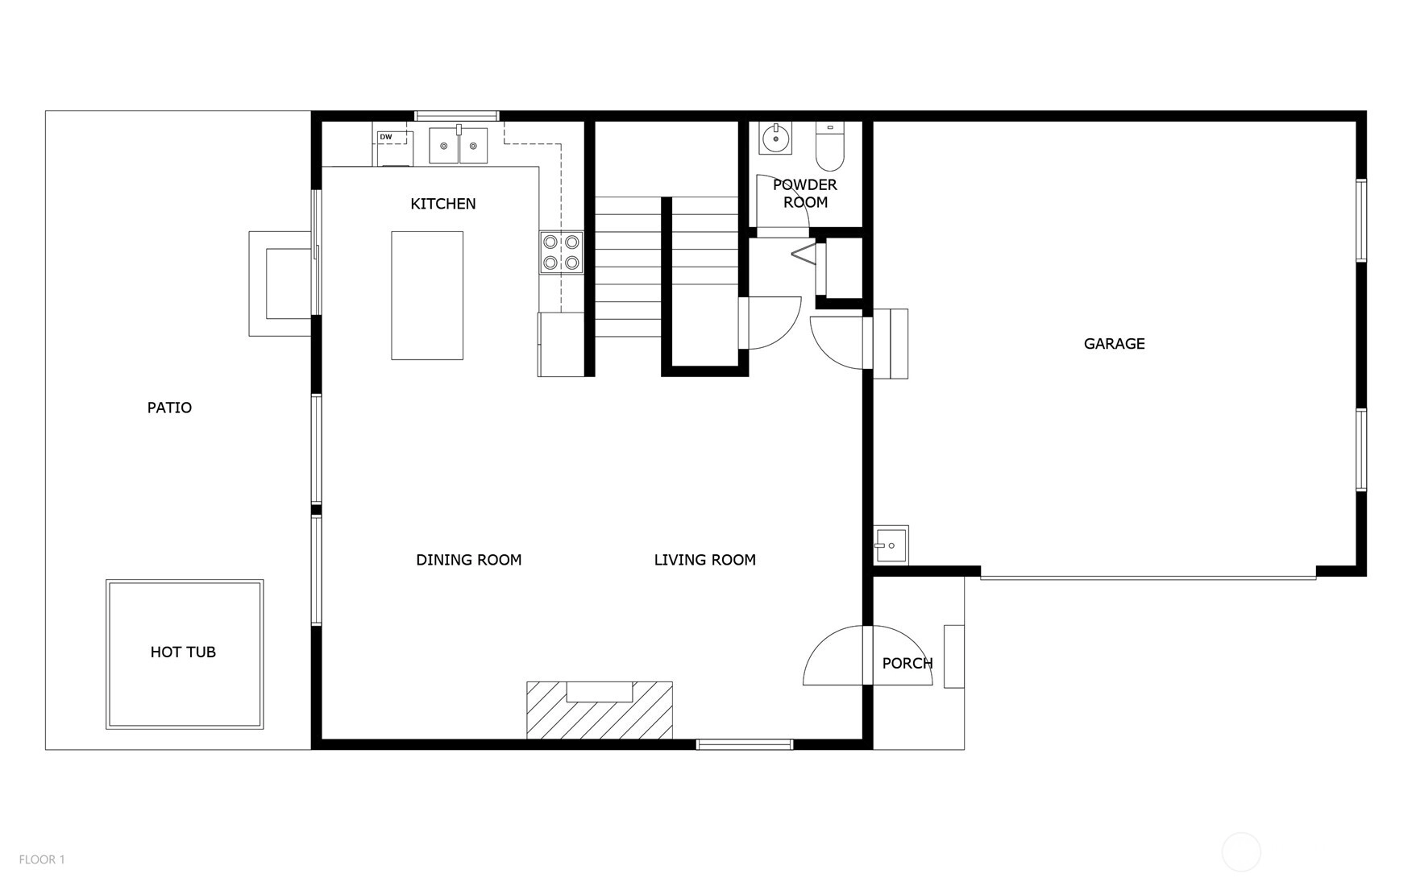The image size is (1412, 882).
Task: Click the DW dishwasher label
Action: [x=386, y=137]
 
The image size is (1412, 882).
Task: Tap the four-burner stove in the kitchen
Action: [x=561, y=252]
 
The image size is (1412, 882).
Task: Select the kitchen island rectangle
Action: [x=427, y=296]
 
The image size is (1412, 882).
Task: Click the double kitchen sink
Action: [x=458, y=145]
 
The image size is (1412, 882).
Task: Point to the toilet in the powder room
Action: [x=829, y=146]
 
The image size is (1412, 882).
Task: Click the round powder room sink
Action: [x=776, y=138]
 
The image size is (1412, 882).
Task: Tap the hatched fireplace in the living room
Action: [x=600, y=710]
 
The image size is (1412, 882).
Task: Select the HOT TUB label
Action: [x=183, y=652]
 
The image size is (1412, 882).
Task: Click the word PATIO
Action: [x=169, y=408]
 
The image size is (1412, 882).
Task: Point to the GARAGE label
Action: [x=1115, y=344]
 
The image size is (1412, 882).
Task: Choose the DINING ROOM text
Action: [x=469, y=560]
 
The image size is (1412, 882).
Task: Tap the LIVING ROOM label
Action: [x=705, y=560]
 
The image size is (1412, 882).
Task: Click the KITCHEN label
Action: [x=443, y=204]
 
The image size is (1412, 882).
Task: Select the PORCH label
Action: [x=907, y=664]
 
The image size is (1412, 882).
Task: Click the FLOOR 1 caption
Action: [x=42, y=859]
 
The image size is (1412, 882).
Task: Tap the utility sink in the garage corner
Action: [x=891, y=545]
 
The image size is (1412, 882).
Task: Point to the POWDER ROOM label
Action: [x=805, y=193]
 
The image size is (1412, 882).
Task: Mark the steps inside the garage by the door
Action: [x=891, y=344]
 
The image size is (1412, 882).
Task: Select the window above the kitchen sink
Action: [x=457, y=116]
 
